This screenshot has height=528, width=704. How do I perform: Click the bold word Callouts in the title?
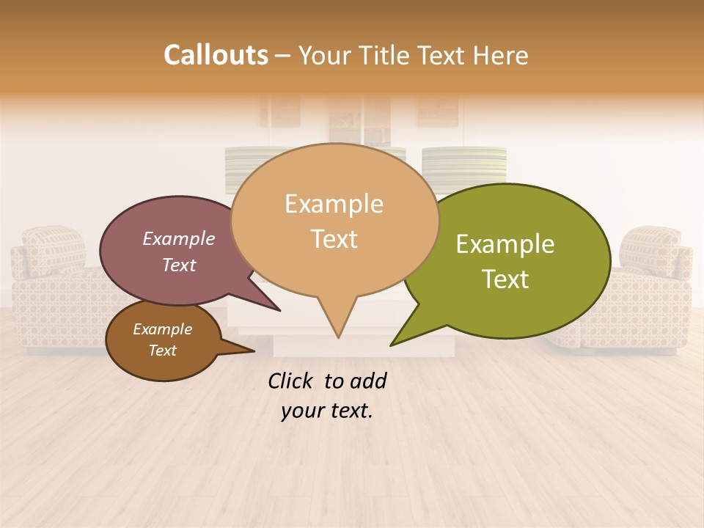(216, 55)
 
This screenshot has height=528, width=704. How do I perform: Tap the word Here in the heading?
(501, 55)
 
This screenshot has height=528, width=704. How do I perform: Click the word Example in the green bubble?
(505, 244)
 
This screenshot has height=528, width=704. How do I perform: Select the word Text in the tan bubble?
(334, 238)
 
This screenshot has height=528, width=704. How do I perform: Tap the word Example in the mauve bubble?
(179, 238)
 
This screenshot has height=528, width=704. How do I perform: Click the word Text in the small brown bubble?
(163, 351)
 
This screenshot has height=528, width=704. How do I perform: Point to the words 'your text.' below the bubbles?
(327, 411)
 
